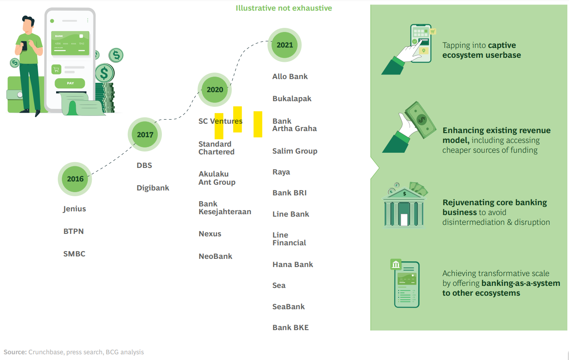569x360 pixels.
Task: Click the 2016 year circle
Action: point(75,179)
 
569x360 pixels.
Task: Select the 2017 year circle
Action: point(145,135)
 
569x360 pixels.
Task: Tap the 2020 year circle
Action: point(215,90)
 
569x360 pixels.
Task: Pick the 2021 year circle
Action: point(285,45)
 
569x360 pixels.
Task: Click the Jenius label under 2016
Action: point(75,209)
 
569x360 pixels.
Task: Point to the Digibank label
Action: point(153,188)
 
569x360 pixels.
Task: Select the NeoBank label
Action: point(215,256)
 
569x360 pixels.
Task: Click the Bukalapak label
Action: point(292,99)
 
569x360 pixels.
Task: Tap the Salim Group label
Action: point(295,151)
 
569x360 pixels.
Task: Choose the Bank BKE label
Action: point(290,328)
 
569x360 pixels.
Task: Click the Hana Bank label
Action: point(292,265)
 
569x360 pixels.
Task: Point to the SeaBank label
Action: point(288,307)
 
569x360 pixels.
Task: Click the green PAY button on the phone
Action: point(70,83)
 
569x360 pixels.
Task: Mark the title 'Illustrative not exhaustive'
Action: point(283,8)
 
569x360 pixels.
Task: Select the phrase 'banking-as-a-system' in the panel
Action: point(521,283)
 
